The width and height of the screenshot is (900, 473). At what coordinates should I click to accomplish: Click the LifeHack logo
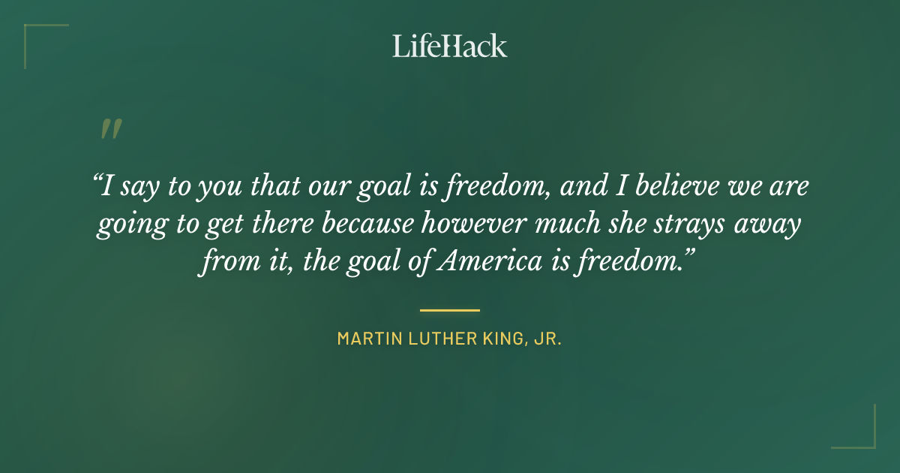(450, 46)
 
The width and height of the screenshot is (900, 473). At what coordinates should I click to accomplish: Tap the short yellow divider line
(450, 309)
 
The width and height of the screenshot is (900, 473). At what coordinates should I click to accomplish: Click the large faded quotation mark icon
(111, 129)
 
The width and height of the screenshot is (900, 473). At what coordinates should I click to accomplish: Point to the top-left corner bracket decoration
(37, 38)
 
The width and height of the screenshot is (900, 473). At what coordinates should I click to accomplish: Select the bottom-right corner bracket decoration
(862, 435)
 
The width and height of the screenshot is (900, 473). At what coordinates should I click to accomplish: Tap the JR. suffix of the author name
(548, 339)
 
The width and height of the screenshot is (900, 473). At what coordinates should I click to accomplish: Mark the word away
(774, 224)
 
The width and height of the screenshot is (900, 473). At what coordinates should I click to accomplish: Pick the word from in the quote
(224, 263)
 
